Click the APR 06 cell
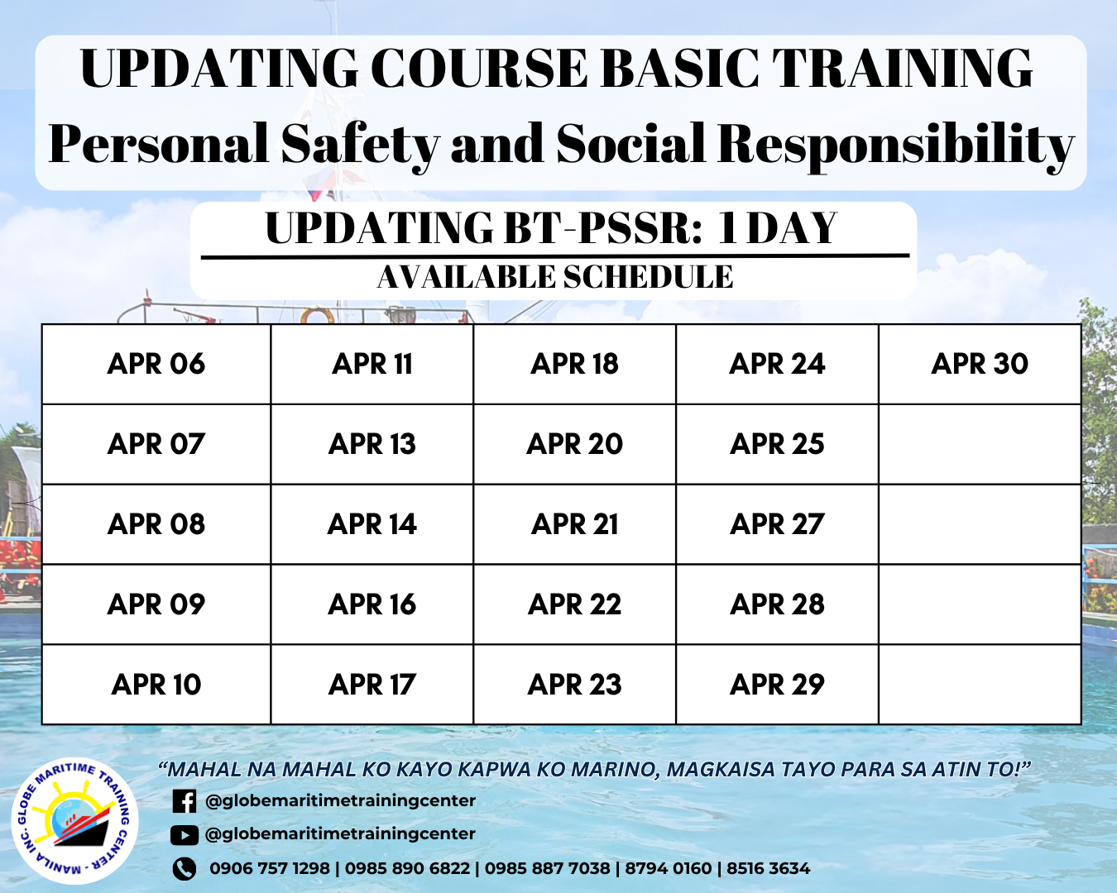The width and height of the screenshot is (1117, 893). tap(156, 364)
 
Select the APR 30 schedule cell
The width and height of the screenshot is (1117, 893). tap(980, 364)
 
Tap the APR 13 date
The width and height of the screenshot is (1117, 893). tap(372, 444)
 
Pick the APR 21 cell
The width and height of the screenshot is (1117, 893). tap(574, 524)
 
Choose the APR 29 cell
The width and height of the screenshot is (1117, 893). tap(777, 685)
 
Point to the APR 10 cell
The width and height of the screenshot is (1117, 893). tap(156, 685)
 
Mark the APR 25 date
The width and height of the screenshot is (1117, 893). tap(777, 444)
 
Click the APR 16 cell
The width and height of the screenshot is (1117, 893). tap(372, 604)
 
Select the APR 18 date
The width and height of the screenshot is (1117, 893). tap(574, 364)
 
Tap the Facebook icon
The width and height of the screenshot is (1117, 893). tap(185, 801)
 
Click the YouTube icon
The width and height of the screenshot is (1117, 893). tap(185, 835)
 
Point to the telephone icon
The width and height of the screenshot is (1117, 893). tap(185, 869)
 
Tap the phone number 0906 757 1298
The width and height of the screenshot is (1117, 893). tap(270, 869)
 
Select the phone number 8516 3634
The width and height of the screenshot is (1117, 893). tap(768, 869)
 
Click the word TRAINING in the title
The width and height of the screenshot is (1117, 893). tap(902, 69)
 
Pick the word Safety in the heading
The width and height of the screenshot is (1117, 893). tap(360, 144)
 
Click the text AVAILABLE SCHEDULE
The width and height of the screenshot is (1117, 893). tap(555, 276)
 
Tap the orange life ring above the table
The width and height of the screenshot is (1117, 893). tap(314, 316)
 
